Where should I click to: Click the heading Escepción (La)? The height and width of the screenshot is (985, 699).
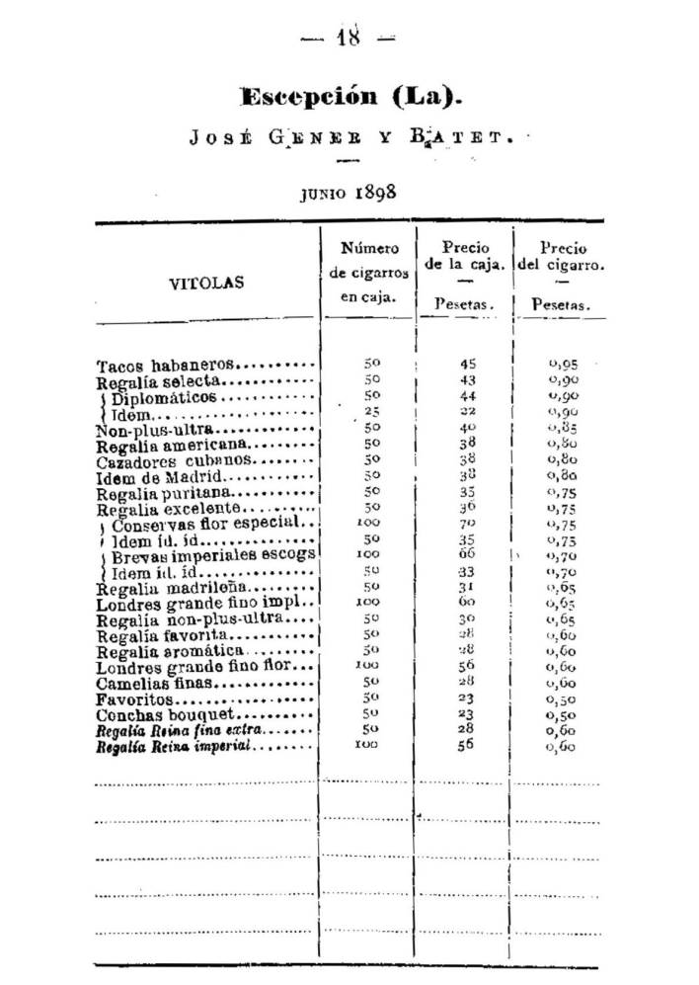[x=350, y=97]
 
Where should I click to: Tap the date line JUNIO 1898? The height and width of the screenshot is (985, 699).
[x=349, y=192]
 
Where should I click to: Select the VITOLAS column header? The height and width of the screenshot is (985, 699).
[x=206, y=283]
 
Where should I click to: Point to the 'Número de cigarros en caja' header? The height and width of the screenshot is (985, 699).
[x=369, y=272]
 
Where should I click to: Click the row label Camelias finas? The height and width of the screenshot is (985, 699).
[x=156, y=684]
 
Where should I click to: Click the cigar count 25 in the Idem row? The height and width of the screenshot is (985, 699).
[x=371, y=412]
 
